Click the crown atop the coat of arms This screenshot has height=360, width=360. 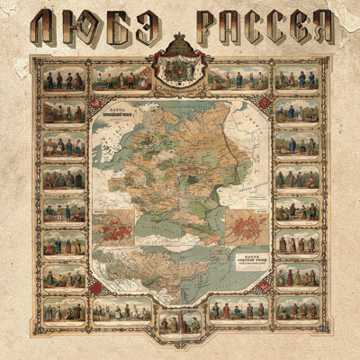point(179,43)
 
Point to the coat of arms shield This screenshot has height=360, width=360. point(179,67)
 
